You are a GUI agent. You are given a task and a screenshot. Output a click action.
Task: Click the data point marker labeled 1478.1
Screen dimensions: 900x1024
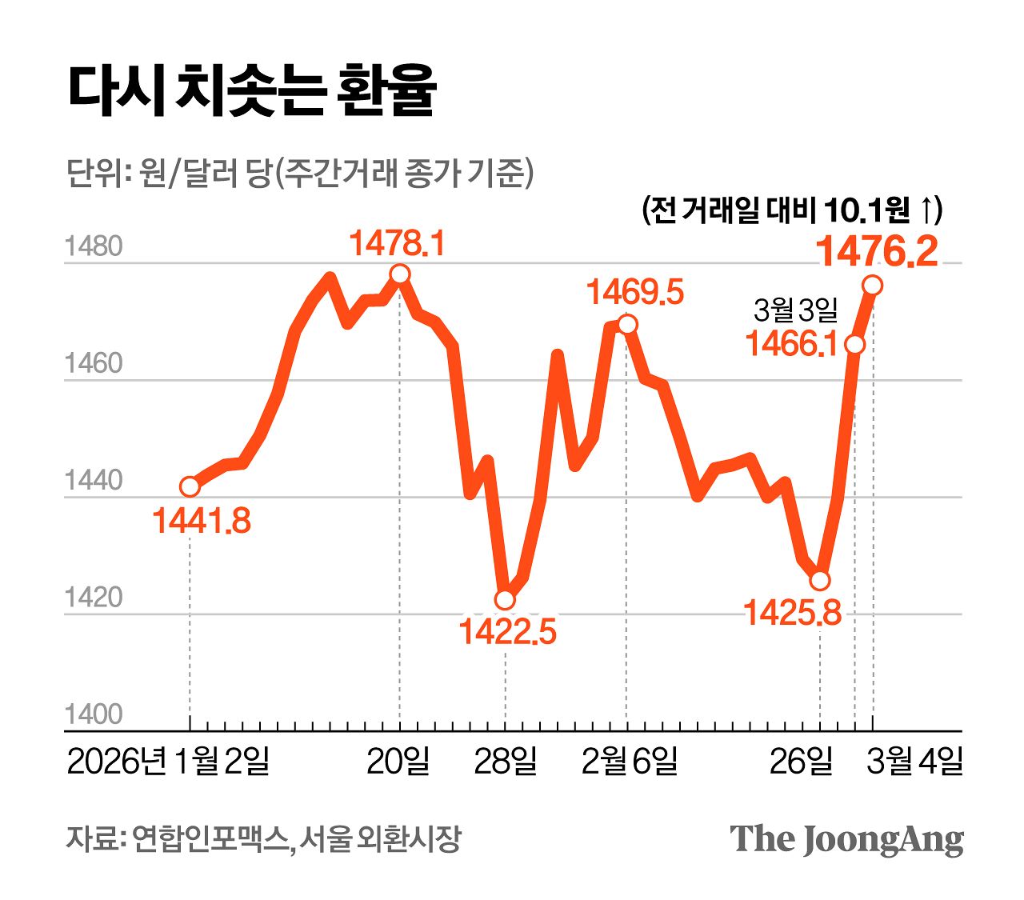[400, 274]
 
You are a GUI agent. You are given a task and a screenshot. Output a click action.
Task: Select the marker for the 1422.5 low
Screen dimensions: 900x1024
[505, 600]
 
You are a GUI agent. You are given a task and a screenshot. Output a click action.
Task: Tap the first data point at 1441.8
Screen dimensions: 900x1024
[190, 486]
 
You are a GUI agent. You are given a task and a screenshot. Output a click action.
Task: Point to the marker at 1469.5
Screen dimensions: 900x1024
[627, 324]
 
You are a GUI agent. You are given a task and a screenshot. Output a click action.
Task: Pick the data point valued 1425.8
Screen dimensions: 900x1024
[820, 580]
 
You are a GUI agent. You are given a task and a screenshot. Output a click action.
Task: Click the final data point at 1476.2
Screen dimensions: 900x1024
[873, 285]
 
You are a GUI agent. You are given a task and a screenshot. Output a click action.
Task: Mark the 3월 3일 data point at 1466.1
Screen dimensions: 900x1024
[855, 344]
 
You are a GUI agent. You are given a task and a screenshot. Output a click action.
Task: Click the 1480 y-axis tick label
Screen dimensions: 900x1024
[94, 246]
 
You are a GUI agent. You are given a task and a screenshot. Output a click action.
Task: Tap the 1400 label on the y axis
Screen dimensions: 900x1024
[94, 714]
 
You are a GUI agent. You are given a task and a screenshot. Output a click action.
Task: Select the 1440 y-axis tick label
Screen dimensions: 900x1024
[94, 481]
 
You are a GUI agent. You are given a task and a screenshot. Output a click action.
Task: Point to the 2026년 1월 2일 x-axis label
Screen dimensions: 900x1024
[168, 762]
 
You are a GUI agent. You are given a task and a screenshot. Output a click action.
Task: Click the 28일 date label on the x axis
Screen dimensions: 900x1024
[505, 762]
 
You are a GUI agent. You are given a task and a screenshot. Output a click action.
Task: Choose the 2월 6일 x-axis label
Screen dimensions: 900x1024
[630, 762]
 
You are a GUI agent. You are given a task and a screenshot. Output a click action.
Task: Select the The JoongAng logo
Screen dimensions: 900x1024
[846, 838]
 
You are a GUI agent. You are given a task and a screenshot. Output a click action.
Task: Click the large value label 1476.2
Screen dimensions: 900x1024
[876, 252]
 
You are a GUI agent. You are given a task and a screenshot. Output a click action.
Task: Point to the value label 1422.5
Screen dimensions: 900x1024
[507, 632]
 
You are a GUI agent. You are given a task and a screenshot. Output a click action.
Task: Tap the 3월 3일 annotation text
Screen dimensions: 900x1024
[795, 310]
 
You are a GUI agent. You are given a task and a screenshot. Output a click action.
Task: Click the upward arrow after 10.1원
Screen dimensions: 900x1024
[924, 210]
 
